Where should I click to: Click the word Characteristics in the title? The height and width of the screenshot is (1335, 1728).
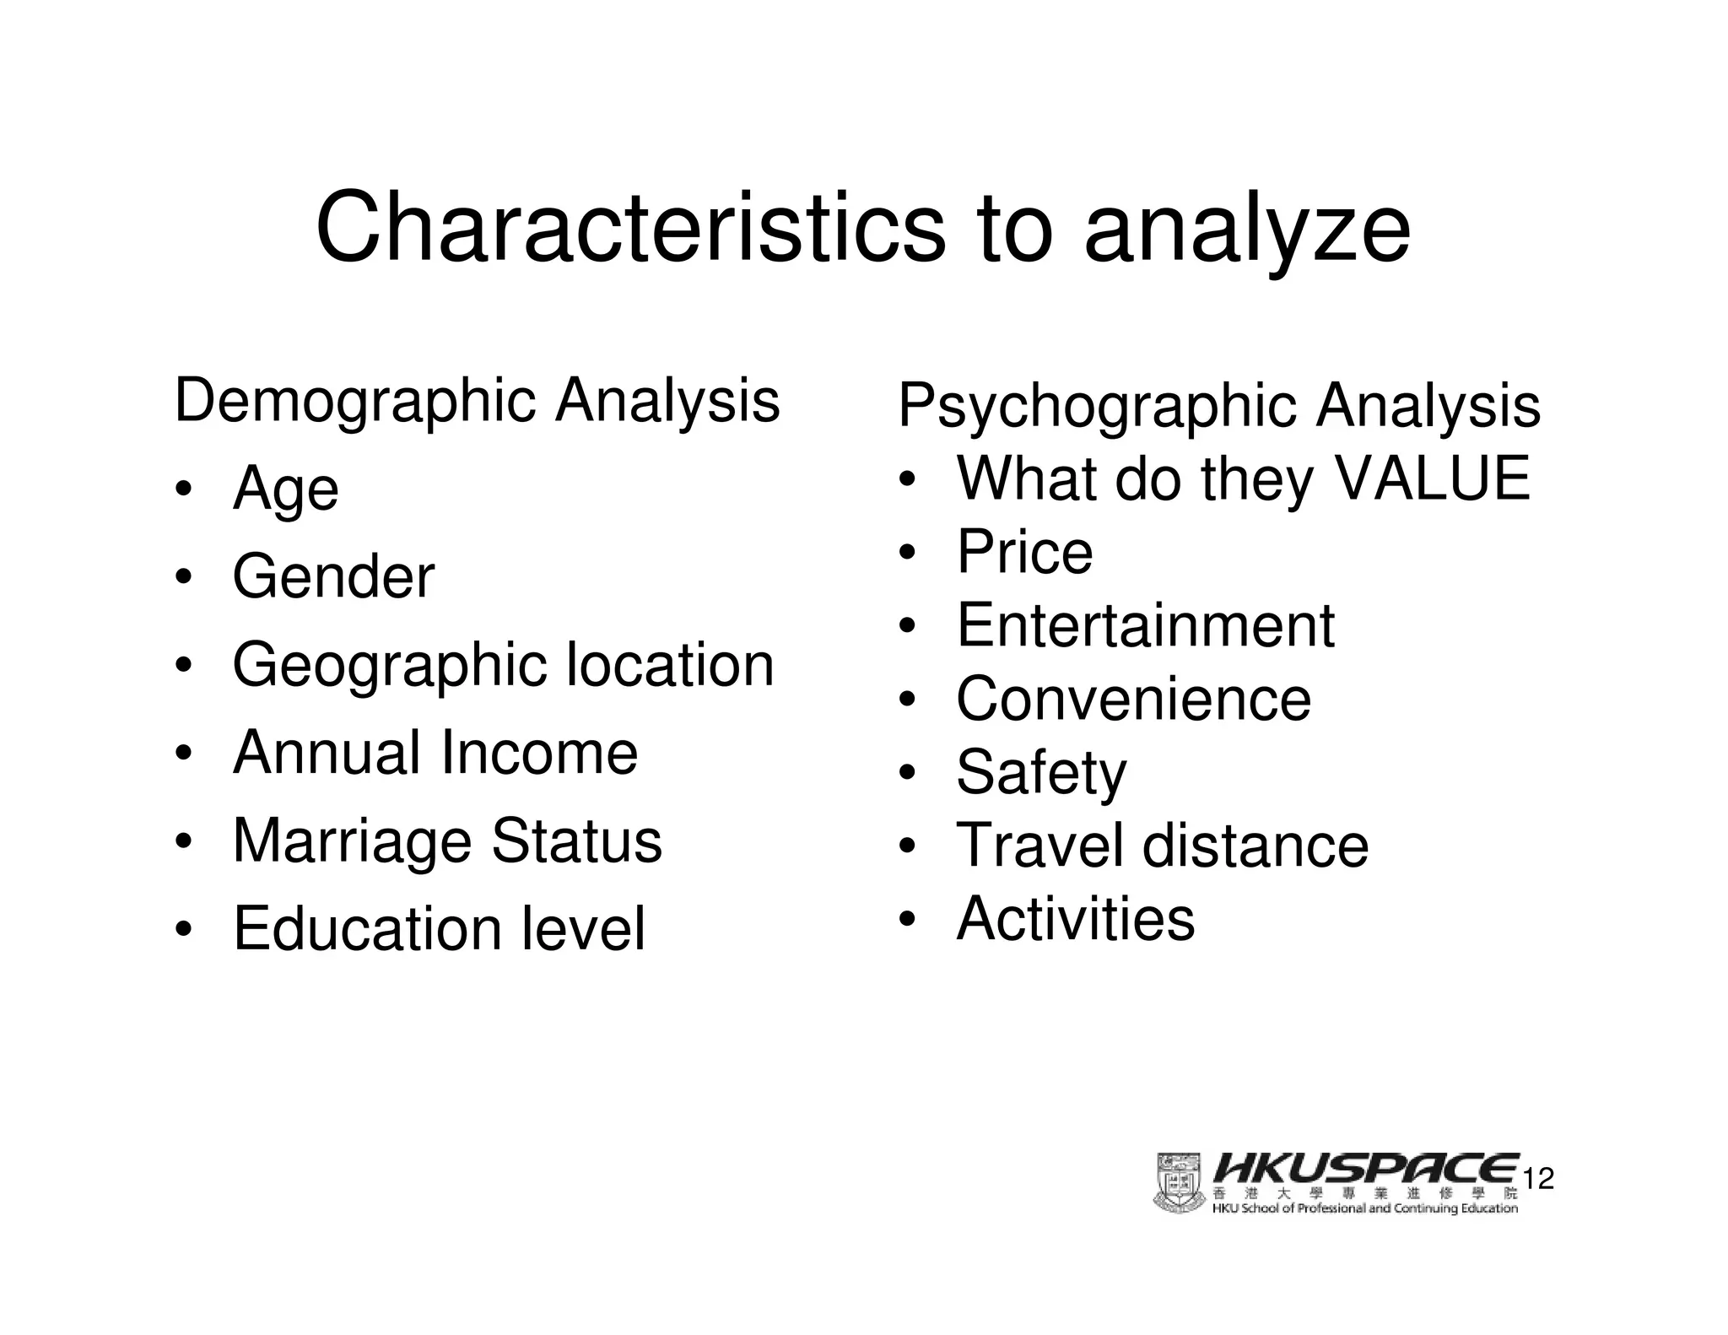630,228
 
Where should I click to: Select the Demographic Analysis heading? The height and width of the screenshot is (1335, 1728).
477,401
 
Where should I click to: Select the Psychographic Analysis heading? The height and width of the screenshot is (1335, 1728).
1219,407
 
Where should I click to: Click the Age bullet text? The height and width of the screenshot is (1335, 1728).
286,490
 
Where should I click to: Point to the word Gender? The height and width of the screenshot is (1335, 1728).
333,577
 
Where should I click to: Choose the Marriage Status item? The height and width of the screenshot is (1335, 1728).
447,841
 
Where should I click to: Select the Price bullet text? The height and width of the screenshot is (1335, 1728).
1024,553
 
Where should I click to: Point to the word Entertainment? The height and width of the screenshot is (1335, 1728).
1145,626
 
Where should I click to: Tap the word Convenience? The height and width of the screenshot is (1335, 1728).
1133,700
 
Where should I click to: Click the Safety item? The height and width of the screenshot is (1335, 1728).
1040,773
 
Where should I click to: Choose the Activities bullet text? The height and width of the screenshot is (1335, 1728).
1075,919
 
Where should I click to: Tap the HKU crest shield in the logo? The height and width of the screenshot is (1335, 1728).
1179,1182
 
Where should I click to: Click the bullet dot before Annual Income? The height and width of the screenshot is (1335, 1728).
183,754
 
